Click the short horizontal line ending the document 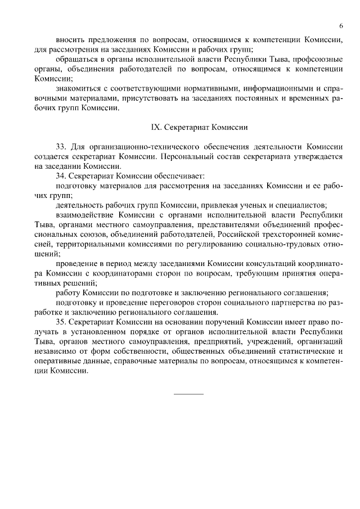(188, 393)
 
